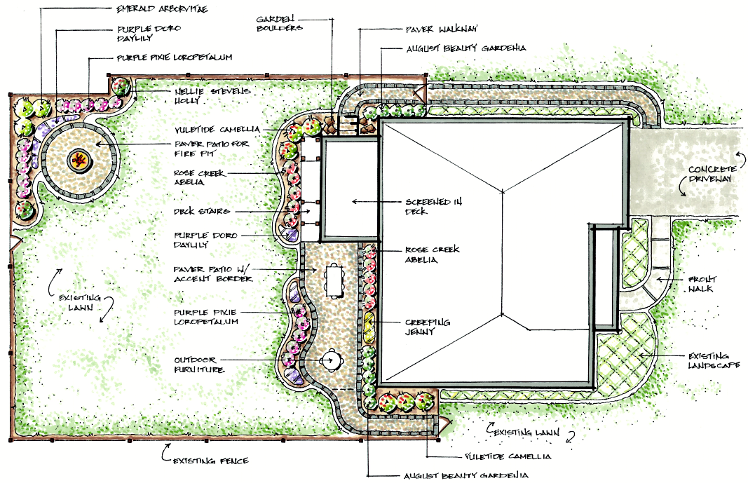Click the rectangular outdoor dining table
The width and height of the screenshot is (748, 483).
[x=332, y=279]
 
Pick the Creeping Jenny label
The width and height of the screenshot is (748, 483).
[x=428, y=327]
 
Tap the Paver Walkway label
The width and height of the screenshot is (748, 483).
[x=442, y=30]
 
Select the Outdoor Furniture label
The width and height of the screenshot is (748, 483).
[x=199, y=365]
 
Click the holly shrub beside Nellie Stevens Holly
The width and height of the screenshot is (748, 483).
[x=122, y=88]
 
